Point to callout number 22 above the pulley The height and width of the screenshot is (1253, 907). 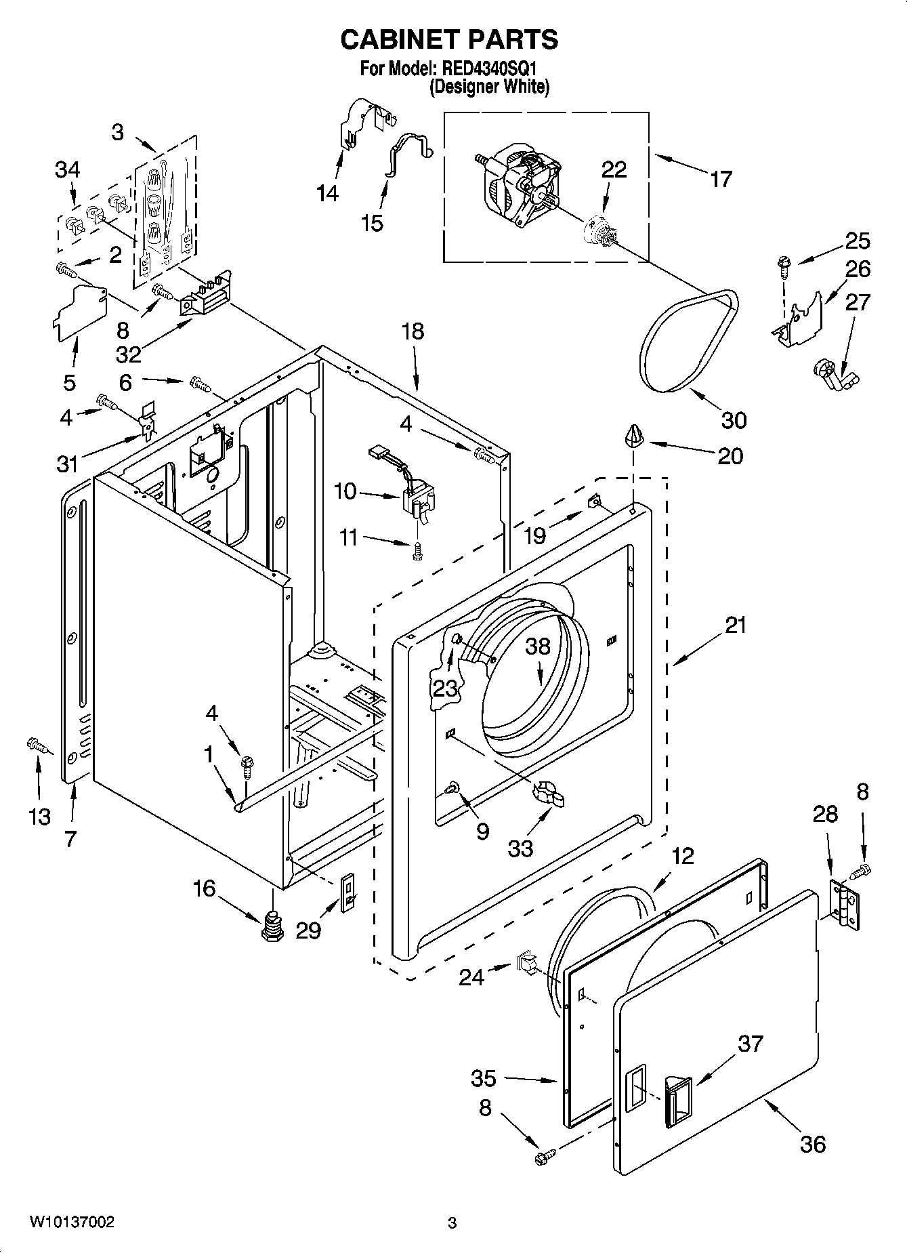(x=614, y=169)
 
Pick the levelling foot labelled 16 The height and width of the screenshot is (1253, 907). (x=272, y=925)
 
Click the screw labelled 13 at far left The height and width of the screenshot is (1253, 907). (x=38, y=745)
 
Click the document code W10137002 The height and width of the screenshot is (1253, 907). (x=70, y=1223)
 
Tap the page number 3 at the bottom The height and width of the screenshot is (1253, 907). (x=452, y=1223)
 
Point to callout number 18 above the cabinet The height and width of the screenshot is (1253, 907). (x=412, y=331)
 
